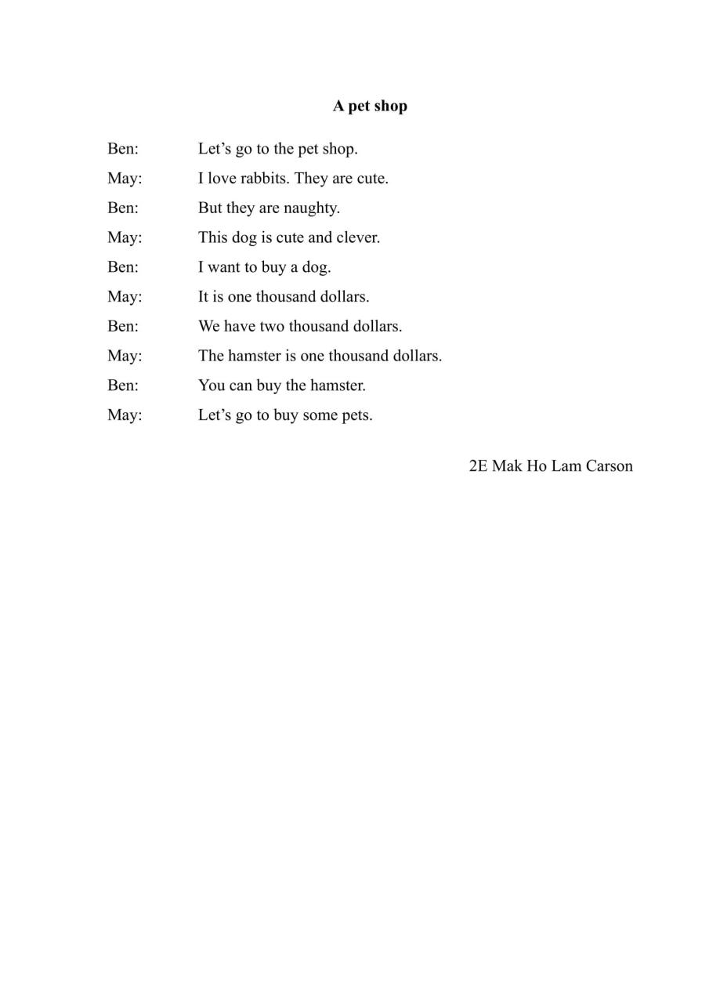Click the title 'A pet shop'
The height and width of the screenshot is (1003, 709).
370,106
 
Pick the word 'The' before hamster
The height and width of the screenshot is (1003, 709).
211,356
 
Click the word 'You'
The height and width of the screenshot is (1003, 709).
212,386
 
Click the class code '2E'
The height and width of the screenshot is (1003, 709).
478,466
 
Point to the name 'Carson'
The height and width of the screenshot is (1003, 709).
609,466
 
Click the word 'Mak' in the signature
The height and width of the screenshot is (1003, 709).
507,466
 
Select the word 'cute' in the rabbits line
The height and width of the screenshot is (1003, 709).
372,179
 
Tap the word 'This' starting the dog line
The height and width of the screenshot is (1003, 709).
212,237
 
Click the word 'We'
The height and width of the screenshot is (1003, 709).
209,326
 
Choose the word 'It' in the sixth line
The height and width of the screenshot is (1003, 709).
204,297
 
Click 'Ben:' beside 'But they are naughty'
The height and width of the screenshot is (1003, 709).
123,208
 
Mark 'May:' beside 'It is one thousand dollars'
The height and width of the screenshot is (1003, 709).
125,297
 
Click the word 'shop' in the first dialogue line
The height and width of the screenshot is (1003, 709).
339,149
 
